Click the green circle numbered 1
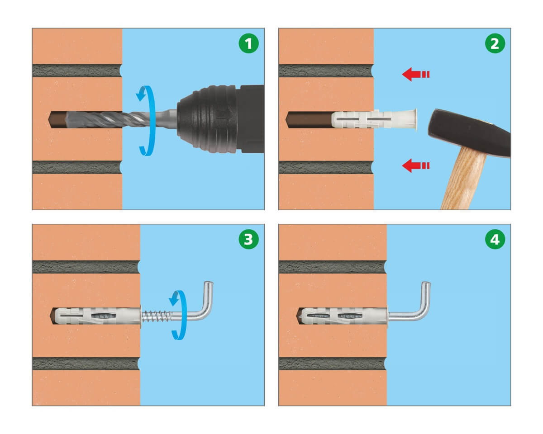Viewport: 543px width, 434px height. tap(248, 43)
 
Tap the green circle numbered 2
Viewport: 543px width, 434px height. tap(495, 43)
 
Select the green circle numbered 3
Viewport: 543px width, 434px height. tap(248, 239)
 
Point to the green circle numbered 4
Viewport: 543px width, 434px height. tap(495, 239)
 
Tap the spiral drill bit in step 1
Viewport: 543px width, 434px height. tap(111, 119)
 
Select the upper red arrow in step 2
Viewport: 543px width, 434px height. tap(415, 75)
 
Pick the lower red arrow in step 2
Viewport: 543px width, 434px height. tap(415, 165)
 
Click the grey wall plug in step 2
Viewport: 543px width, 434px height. tap(373, 119)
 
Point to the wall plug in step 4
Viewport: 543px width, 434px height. tap(343, 316)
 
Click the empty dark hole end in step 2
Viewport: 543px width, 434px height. tap(308, 119)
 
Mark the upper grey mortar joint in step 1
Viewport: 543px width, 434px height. tap(77, 71)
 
